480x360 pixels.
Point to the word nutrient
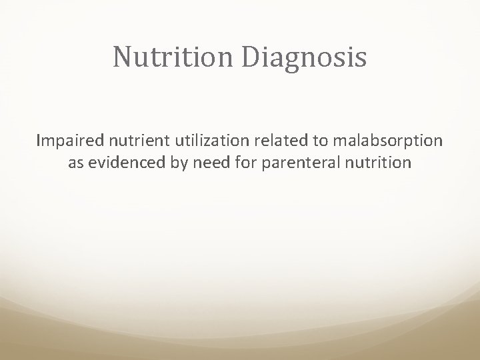point(128,141)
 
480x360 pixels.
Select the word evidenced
point(123,163)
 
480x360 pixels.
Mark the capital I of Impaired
point(39,141)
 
